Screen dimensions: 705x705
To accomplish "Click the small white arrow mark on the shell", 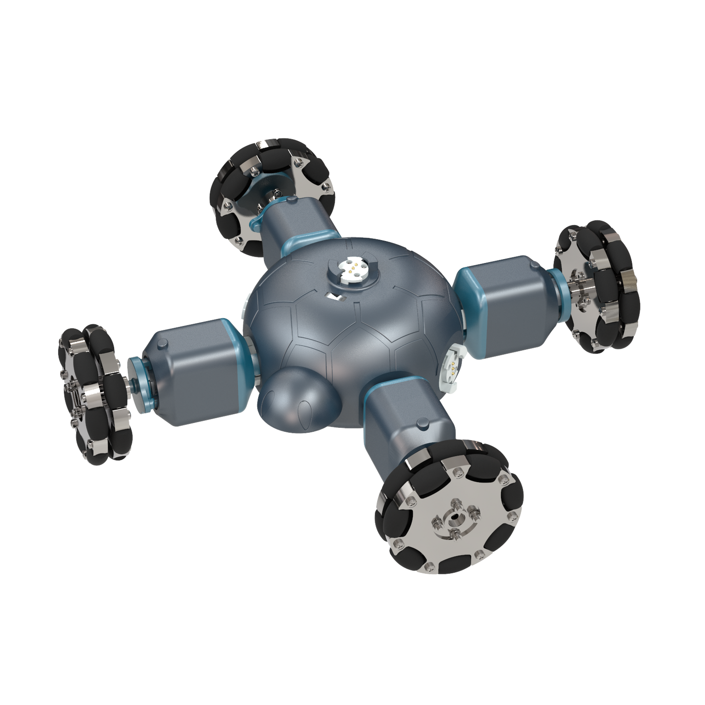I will pyautogui.click(x=336, y=296).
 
